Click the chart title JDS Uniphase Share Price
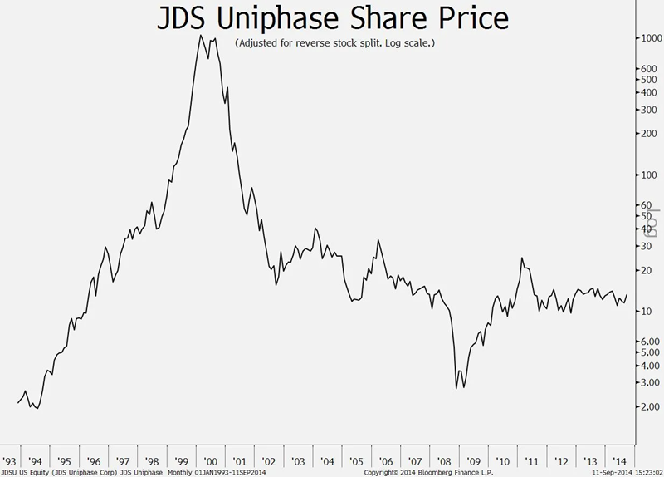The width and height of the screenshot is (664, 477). tap(332, 18)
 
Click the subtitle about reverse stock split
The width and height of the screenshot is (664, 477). tap(334, 42)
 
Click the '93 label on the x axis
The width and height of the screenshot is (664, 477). tap(10, 460)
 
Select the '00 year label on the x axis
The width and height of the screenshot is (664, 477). tap(211, 460)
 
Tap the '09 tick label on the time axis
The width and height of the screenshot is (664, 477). tap(473, 460)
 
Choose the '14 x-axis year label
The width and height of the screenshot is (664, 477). tap(618, 460)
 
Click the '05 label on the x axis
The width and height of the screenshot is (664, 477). tap(357, 460)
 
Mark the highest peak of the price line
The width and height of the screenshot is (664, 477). tap(202, 36)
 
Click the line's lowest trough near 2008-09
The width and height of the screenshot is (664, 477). tap(456, 388)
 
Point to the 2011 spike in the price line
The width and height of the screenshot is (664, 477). tap(522, 258)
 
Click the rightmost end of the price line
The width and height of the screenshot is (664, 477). tap(627, 294)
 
